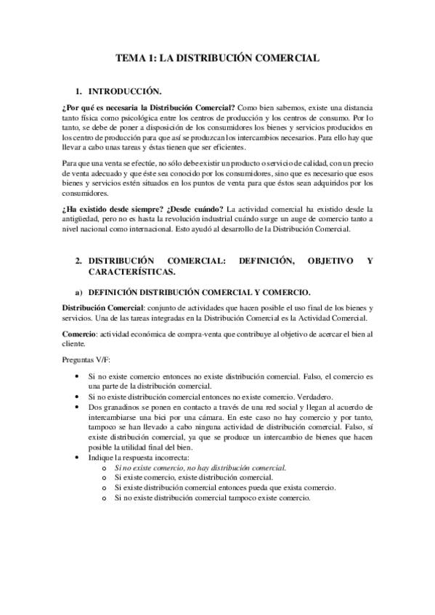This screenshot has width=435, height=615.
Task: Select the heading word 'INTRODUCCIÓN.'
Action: tap(124, 93)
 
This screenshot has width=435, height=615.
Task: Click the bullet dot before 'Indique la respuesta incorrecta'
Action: tap(78, 458)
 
